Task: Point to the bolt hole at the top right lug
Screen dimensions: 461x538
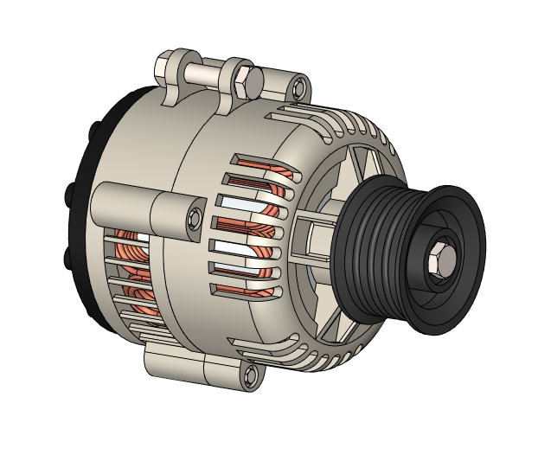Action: tap(299, 87)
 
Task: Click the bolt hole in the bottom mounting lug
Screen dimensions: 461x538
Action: tap(252, 375)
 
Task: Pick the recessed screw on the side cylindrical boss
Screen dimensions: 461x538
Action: tap(192, 215)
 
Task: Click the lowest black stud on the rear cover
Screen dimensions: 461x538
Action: tap(69, 259)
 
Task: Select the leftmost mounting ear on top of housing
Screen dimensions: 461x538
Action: tap(170, 73)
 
